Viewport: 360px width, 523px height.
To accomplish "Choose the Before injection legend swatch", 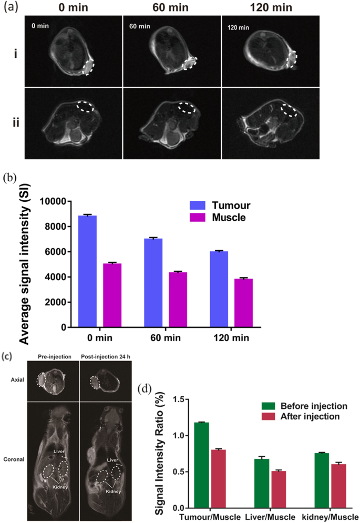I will coord(269,406).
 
